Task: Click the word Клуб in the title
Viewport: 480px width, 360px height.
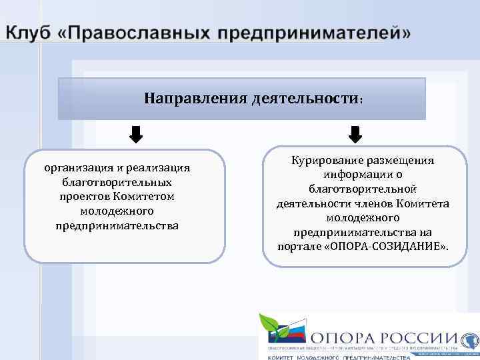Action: pos(27,33)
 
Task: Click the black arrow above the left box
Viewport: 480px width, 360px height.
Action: pos(135,135)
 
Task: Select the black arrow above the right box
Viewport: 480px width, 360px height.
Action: pos(355,135)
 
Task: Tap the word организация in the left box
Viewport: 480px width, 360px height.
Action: pos(73,167)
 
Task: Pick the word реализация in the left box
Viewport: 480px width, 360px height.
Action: pos(159,167)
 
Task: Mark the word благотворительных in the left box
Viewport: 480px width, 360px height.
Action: pos(117,182)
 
